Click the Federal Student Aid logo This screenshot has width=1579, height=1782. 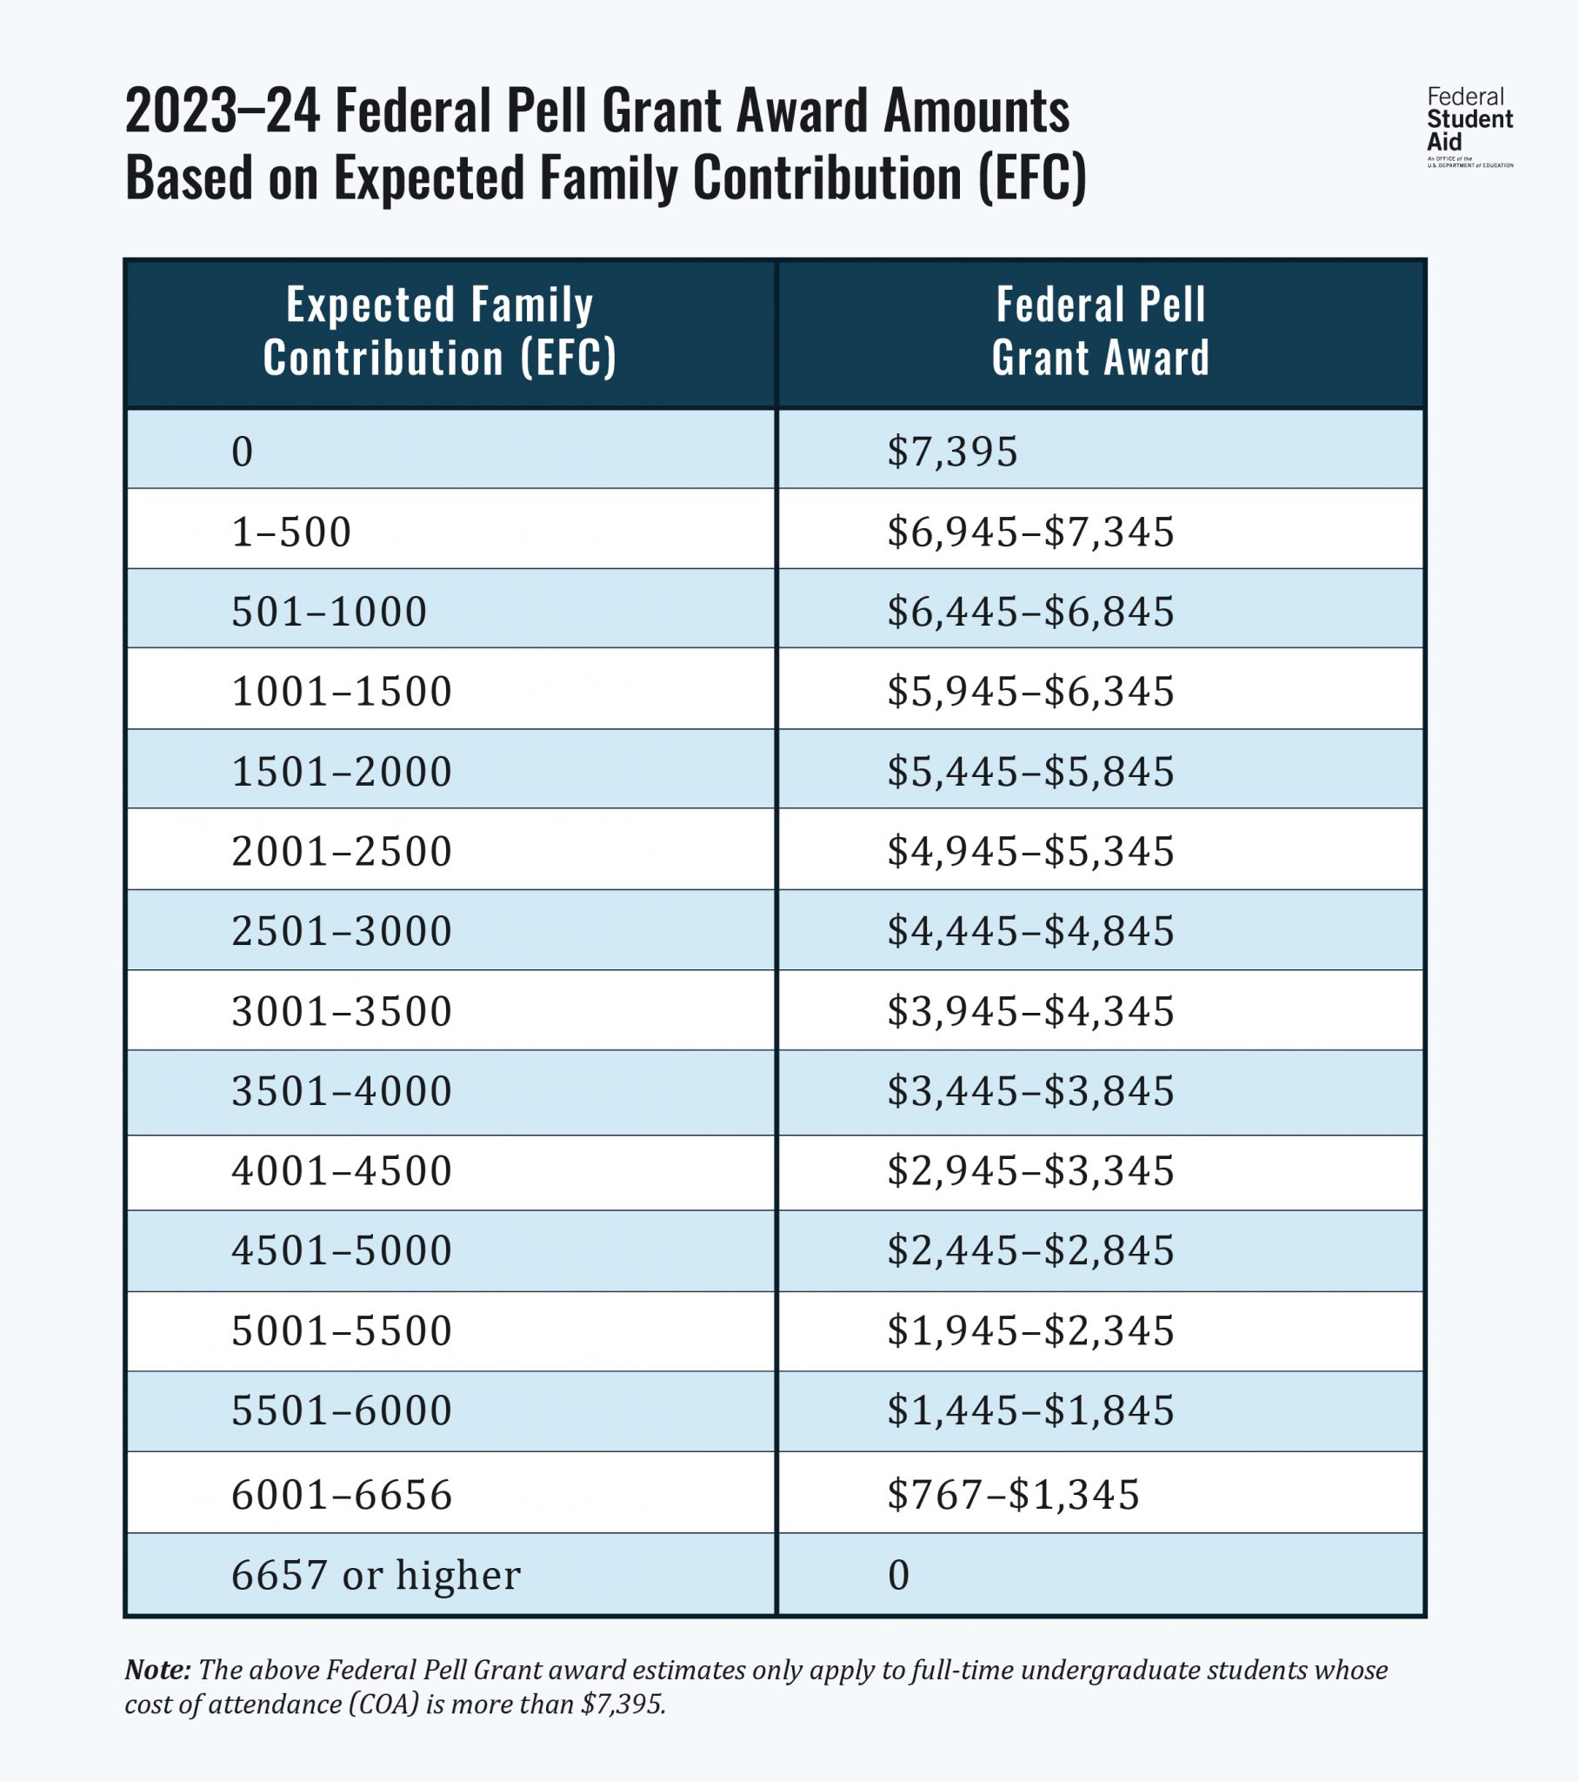click(1469, 126)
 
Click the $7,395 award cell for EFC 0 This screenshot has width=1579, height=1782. click(951, 452)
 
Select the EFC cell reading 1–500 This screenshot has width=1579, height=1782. click(291, 531)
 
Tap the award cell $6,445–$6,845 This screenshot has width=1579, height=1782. click(1030, 611)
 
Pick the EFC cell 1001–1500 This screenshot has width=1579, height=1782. click(342, 692)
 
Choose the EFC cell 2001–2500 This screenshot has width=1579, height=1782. click(342, 851)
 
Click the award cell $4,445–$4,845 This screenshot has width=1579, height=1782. click(1030, 931)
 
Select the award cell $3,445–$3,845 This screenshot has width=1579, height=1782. click(1030, 1090)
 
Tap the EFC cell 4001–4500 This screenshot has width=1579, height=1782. click(342, 1170)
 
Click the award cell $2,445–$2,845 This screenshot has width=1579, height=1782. click(1030, 1250)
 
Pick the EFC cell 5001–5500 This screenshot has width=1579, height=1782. click(342, 1330)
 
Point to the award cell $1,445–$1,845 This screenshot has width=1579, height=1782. click(1030, 1410)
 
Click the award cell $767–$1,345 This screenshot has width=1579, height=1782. click(1013, 1493)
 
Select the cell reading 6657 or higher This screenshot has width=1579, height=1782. click(376, 1575)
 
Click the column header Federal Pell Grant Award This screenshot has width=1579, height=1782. click(1101, 332)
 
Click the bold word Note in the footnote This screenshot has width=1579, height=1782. click(157, 1670)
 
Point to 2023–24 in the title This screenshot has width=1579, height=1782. click(223, 111)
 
